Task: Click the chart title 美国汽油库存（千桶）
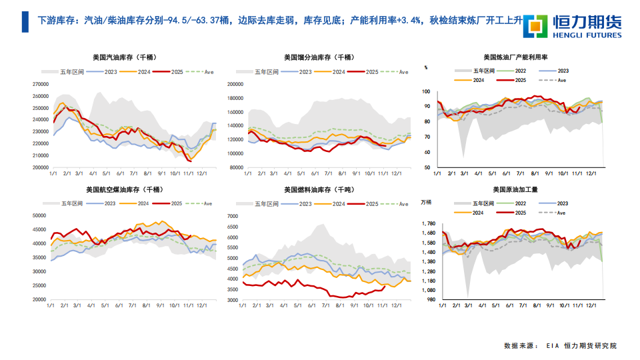[x=125, y=57]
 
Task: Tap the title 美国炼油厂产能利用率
[x=520, y=57]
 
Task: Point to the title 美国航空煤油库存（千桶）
[x=125, y=190]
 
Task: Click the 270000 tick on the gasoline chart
[x=41, y=84]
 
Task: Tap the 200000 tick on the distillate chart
[x=237, y=84]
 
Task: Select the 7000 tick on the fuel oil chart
[x=233, y=216]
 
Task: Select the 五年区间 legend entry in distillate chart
[x=263, y=71]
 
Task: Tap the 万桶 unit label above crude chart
[x=427, y=201]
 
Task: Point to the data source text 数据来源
[x=520, y=346]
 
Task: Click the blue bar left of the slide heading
[x=25, y=22]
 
